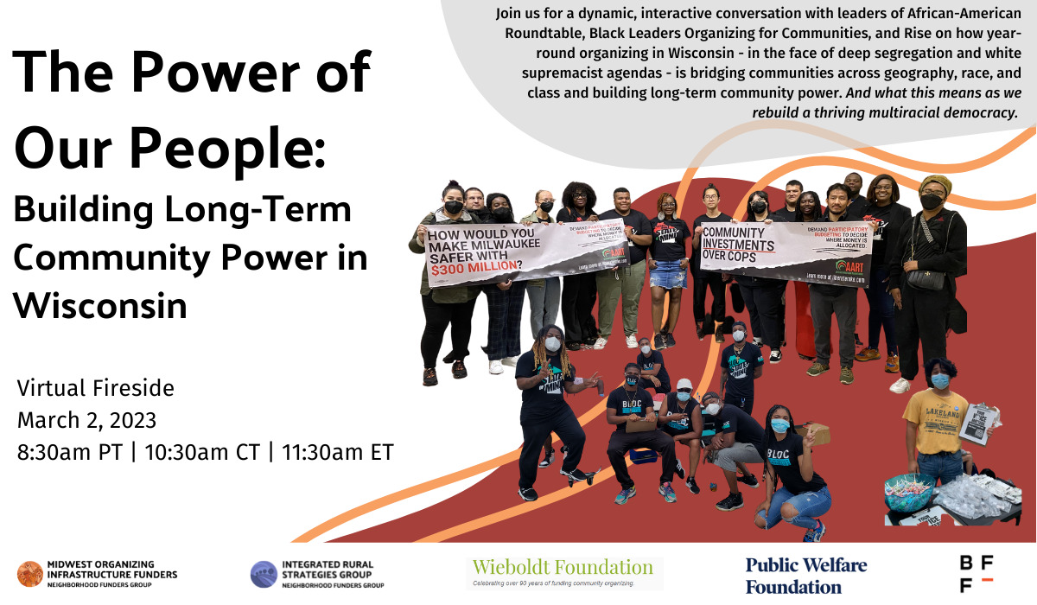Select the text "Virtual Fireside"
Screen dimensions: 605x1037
(95, 389)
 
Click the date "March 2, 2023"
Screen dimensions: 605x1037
(86, 420)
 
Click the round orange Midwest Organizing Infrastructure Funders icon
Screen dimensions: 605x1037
(30, 574)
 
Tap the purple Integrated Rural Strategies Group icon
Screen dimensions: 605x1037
(264, 574)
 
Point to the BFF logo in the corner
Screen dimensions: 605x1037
(976, 574)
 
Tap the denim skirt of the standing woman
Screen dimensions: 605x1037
(669, 274)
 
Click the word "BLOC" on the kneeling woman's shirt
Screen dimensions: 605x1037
(780, 452)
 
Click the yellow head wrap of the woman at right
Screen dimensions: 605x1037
(934, 183)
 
